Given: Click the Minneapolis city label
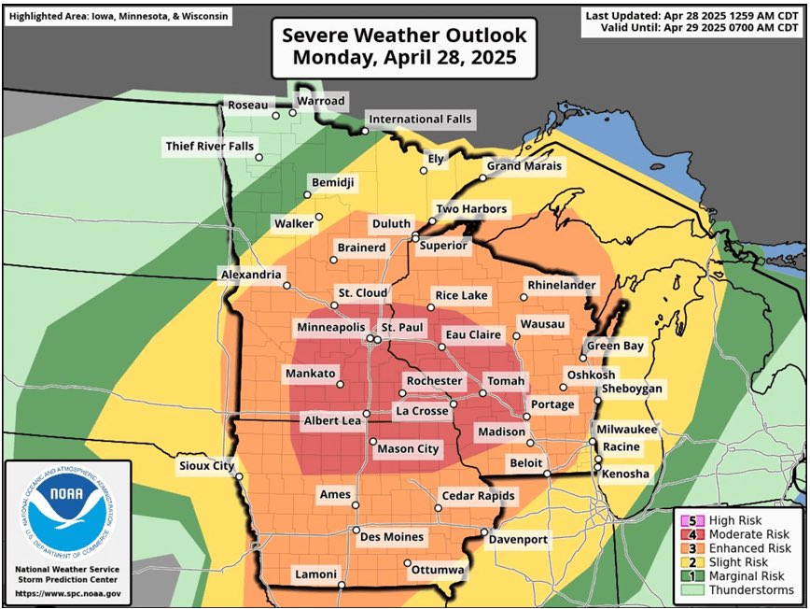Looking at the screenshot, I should click(330, 328).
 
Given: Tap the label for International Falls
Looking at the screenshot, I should click(420, 120).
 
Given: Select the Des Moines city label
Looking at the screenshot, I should click(392, 537).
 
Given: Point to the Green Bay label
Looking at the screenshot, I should click(615, 347).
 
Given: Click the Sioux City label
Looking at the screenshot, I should click(206, 465).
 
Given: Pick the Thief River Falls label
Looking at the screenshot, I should click(209, 147).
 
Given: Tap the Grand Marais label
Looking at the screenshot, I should click(524, 166).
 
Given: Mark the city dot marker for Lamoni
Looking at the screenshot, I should click(342, 586).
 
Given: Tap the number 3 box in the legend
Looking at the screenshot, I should click(691, 548).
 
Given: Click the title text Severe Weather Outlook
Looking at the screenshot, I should click(404, 36).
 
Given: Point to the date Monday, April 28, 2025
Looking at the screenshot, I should click(404, 58).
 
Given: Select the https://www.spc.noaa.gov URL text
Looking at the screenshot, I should click(67, 593).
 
